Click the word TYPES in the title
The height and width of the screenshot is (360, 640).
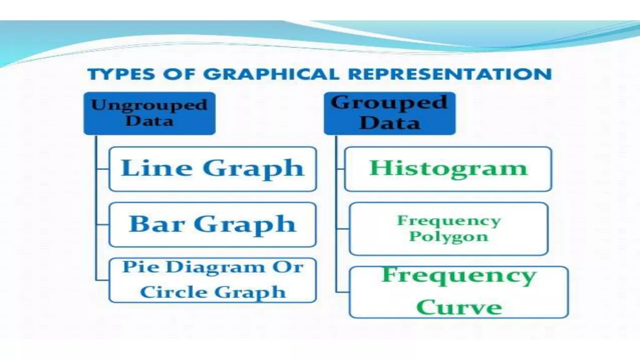coord(121,74)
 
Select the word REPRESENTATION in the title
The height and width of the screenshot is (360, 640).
coord(450,74)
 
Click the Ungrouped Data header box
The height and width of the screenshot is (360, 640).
coord(149,113)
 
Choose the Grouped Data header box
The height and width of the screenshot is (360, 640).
coord(389,113)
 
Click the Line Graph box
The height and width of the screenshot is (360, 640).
coord(212,169)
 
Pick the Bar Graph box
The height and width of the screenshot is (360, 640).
coord(212,225)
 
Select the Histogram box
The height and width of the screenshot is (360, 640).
coord(448,169)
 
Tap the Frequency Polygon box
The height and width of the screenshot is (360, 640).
coord(448,229)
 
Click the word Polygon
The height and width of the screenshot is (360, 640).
coord(448,236)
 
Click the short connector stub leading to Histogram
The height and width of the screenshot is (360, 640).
coord(340,169)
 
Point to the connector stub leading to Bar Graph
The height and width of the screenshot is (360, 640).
coord(103,225)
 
